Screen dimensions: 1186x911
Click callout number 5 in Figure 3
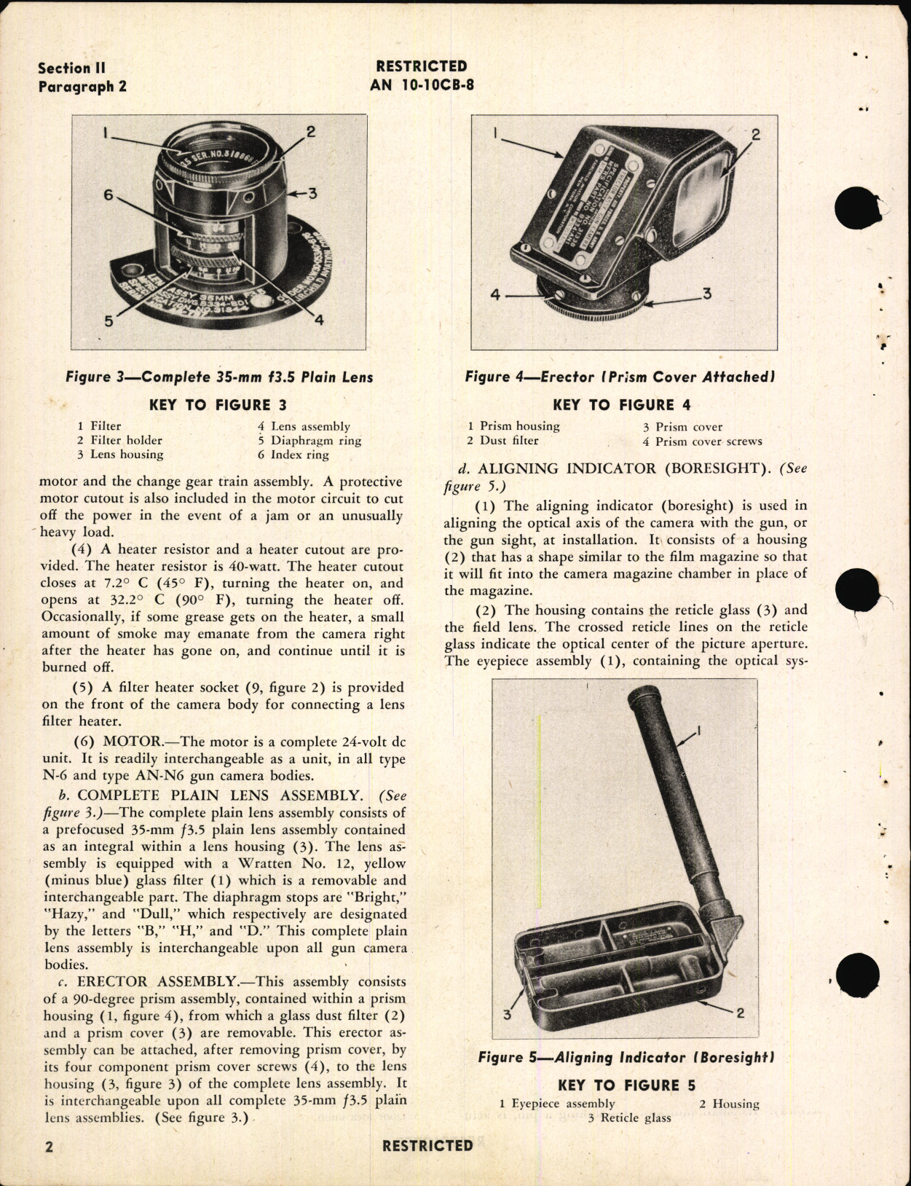point(109,320)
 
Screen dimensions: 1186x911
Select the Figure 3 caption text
point(219,377)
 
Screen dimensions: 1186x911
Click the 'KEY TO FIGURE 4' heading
point(621,405)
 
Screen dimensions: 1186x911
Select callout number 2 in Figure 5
point(740,1011)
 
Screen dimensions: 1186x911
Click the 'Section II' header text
point(72,68)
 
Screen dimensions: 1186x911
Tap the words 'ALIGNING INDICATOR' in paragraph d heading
point(557,469)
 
